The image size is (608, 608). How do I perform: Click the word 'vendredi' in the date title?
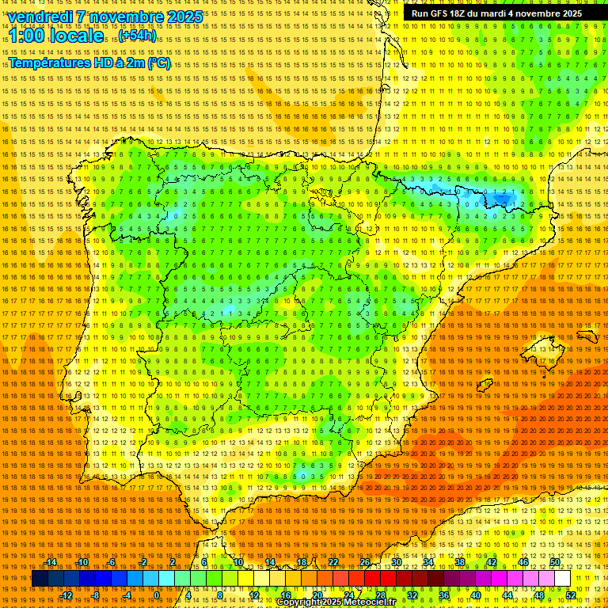(41, 17)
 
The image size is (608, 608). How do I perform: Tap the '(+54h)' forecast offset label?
(138, 36)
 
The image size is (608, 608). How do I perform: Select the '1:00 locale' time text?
(55, 36)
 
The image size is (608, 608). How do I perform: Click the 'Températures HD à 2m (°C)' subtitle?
(89, 63)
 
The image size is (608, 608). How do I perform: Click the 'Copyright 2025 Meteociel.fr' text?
(336, 602)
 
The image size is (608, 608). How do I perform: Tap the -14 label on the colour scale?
(51, 562)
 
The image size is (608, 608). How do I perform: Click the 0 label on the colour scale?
(157, 595)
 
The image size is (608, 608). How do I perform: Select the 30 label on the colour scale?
(396, 562)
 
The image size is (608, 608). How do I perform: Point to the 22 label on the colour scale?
(332, 562)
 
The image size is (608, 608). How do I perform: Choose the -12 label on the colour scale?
(66, 595)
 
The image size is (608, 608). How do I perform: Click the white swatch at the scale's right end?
(563, 579)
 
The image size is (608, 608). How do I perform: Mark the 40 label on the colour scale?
(476, 595)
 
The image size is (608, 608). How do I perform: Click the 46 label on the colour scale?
(523, 562)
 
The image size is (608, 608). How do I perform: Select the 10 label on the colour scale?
(237, 562)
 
